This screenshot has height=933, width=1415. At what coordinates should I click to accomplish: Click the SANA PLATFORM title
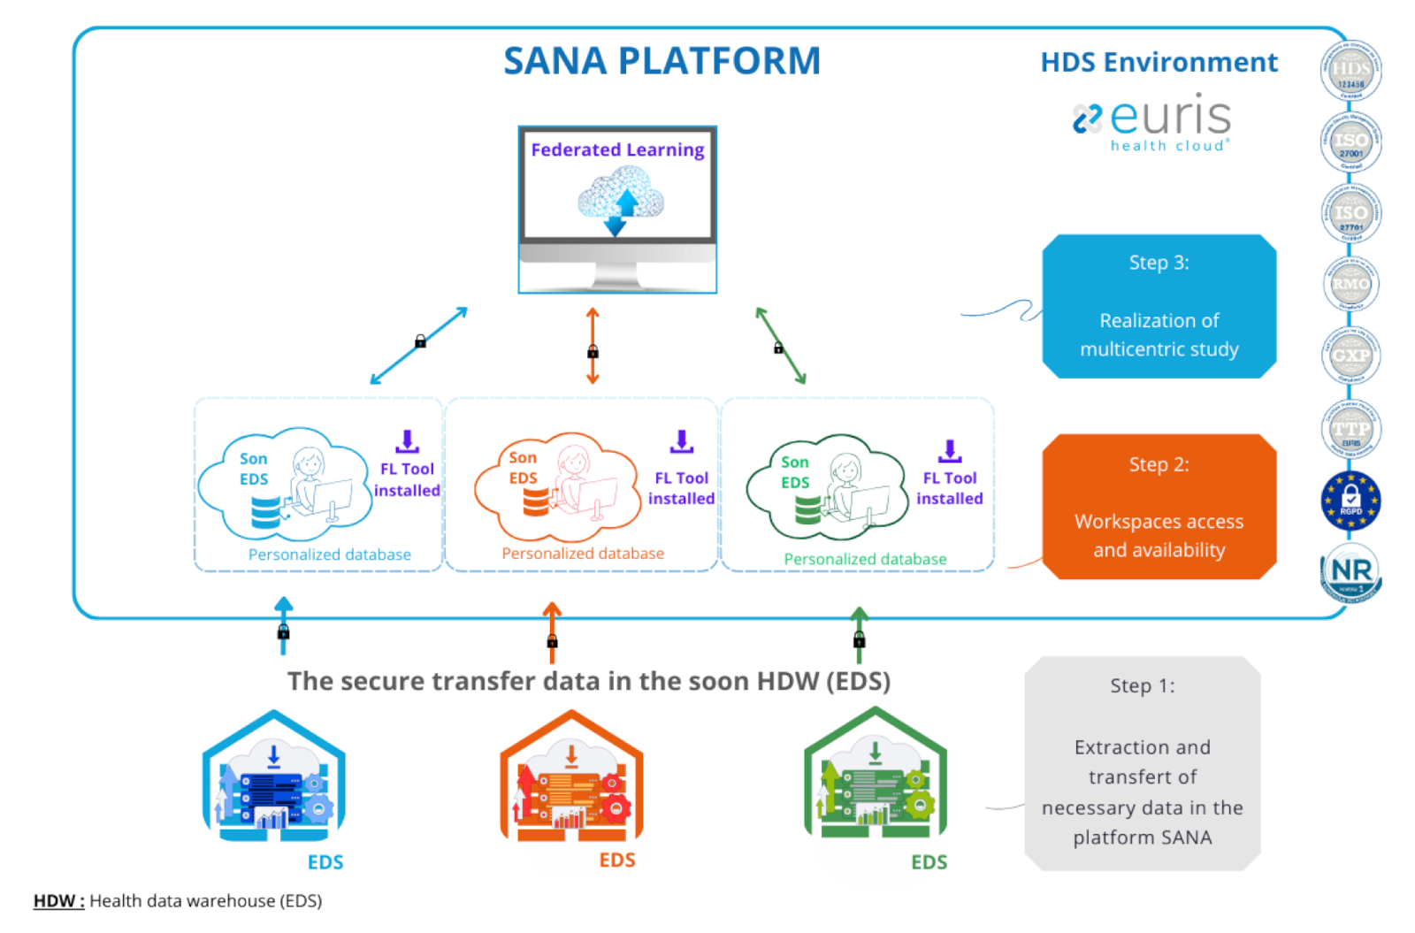tap(662, 61)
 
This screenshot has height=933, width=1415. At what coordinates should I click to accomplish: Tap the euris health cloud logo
tap(1152, 122)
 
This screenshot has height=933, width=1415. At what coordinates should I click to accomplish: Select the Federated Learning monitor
tap(617, 209)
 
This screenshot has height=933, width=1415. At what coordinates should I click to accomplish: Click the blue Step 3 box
tap(1159, 306)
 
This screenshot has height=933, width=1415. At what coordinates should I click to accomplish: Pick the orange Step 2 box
tap(1159, 507)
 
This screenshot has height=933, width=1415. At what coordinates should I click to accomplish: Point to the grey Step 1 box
tap(1142, 763)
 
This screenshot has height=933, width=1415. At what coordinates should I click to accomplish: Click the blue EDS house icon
tap(273, 777)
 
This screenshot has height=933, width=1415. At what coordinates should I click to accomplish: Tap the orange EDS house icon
tap(571, 777)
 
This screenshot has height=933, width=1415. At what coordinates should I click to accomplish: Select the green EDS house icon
tap(875, 775)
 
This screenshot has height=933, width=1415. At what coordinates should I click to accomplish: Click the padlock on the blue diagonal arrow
tap(421, 341)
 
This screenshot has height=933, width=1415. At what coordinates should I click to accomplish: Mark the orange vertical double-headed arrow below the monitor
tap(593, 346)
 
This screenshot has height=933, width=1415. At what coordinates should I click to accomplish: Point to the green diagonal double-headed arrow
tap(781, 346)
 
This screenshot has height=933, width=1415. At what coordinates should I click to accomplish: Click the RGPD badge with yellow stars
tap(1350, 501)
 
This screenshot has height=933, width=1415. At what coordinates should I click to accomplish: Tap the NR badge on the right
tap(1350, 572)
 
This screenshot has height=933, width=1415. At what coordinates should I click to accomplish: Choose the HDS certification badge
tap(1350, 71)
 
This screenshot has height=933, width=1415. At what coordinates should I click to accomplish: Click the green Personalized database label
tap(865, 559)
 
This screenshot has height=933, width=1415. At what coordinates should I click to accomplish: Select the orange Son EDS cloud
tap(556, 486)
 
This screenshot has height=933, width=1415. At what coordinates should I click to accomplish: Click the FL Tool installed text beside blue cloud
tap(407, 479)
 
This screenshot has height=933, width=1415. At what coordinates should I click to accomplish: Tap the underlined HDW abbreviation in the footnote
tap(58, 900)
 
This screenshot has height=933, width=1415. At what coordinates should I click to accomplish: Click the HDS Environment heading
tap(1159, 62)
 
